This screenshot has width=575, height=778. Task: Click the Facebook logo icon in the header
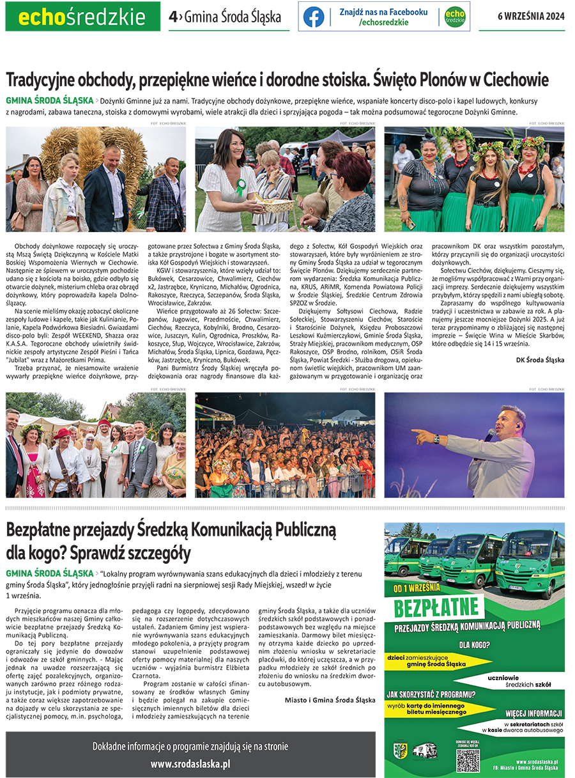tap(314, 17)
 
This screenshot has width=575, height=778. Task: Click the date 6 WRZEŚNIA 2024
tap(531, 17)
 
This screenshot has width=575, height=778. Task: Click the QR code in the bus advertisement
tap(468, 760)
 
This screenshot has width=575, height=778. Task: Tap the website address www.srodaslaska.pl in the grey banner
tap(190, 764)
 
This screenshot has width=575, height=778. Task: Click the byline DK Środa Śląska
tap(540, 360)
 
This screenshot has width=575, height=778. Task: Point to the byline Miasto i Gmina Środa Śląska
tap(330, 700)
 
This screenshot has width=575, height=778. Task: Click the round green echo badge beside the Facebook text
tap(455, 17)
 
